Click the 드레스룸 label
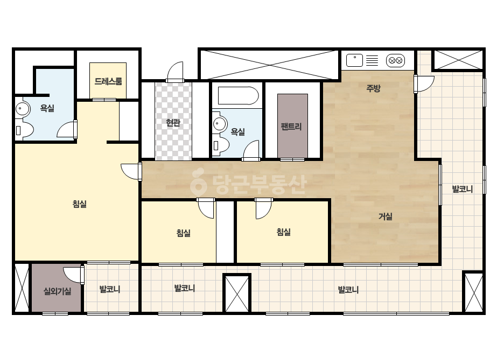click(x=108, y=81)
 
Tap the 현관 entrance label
click(x=173, y=123)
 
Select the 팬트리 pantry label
click(x=291, y=127)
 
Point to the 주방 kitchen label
click(x=373, y=88)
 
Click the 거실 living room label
click(x=386, y=216)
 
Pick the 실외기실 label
click(x=57, y=291)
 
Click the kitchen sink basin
click(x=354, y=60)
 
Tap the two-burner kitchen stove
click(x=395, y=60)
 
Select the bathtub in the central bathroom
click(x=238, y=95)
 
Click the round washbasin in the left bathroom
click(x=22, y=109)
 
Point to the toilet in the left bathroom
click(x=24, y=130)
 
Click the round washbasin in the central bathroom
click(x=219, y=124)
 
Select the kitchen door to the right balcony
click(x=424, y=84)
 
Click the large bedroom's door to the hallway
click(x=131, y=172)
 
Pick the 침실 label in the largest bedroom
click(x=80, y=204)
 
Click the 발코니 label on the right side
click(x=462, y=190)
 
